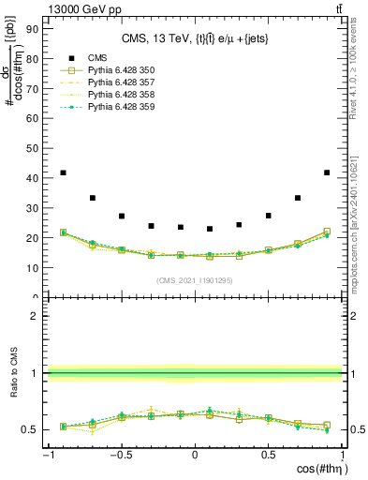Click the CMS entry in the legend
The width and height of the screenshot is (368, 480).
[98, 57]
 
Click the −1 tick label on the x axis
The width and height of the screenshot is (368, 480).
[48, 457]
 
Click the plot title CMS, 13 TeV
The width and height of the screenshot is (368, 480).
[194, 38]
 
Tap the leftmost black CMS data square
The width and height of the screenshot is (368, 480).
[63, 172]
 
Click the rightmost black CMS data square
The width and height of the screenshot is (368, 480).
[326, 172]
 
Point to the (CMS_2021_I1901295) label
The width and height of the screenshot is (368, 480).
[194, 280]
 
